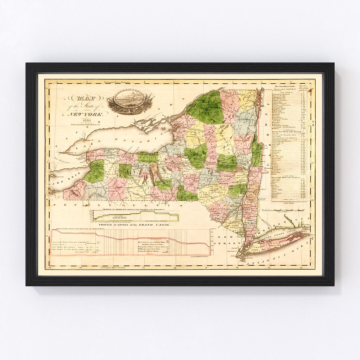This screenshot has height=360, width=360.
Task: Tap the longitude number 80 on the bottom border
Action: pos(50,267)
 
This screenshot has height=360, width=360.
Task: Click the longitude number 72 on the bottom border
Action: pos(301,267)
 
